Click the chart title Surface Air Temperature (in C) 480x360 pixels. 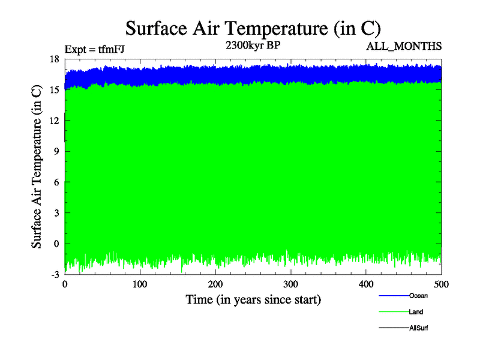pos(253,28)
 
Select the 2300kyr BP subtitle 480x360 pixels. pos(249,45)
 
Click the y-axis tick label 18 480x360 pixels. pos(55,59)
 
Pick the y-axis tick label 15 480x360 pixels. pos(55,89)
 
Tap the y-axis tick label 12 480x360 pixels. pos(55,121)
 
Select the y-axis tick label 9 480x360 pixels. pos(57,151)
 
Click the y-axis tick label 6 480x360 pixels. pos(57,182)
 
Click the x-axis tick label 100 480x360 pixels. pos(140,284)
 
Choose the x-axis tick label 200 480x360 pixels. pos(215,284)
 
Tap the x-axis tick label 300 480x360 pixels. pos(291,284)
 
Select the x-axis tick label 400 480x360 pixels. pos(366,284)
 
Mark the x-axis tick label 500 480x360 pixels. pos(441,284)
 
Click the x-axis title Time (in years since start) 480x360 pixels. pos(253,299)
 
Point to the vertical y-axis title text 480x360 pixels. pos(37,167)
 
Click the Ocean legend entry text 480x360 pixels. pos(418,296)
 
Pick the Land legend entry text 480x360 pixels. pos(416,312)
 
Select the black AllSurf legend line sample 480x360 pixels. pos(394,328)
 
